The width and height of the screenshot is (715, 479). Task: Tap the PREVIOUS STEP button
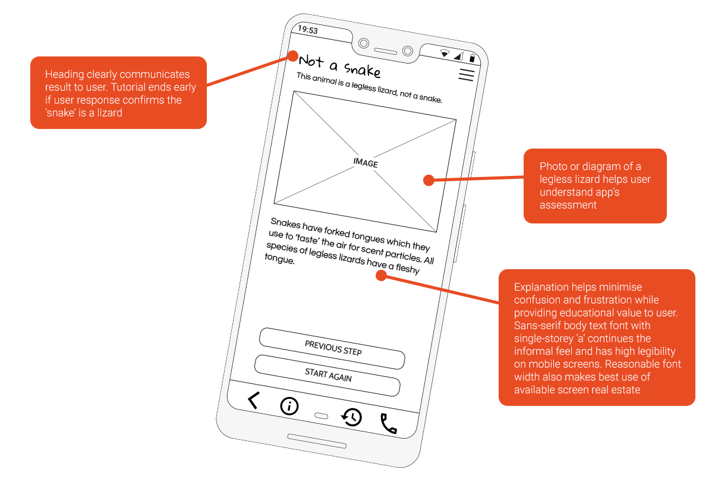pos(332,348)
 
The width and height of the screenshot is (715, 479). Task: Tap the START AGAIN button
pos(327,376)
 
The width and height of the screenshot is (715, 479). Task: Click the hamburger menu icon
pos(466,75)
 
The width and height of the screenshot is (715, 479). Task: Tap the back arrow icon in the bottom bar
pos(253,401)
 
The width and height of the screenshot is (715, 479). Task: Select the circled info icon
pos(289,406)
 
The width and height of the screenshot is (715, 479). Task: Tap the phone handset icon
pos(388,423)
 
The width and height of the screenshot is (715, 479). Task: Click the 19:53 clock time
pos(307,30)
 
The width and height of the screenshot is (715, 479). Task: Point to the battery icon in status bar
pos(472,58)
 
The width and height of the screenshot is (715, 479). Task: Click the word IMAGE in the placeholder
pos(365,163)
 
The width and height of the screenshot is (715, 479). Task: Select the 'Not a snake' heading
pos(339,65)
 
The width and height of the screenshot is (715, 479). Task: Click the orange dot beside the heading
pos(292,56)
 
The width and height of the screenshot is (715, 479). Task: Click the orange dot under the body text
pos(381,275)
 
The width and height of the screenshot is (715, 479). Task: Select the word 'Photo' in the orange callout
pos(553,167)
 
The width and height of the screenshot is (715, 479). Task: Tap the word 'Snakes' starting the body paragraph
pos(285,224)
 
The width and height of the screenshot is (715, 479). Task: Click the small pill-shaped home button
pos(321,416)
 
